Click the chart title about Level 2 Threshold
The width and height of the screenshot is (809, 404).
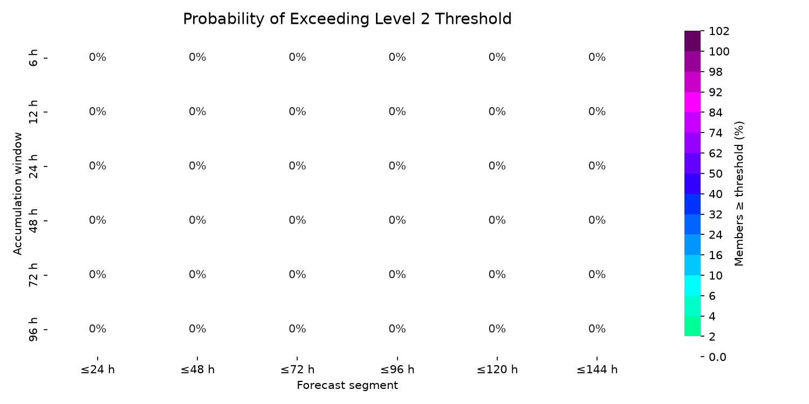(x=347, y=19)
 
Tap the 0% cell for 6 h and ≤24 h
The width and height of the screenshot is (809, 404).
(x=98, y=57)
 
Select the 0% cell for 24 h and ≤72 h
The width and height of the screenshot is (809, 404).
(x=297, y=166)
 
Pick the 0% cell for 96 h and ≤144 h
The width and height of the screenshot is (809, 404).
(x=597, y=329)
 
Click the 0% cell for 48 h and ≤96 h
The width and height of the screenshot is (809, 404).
(x=397, y=220)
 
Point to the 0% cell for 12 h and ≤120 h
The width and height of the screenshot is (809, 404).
(x=497, y=112)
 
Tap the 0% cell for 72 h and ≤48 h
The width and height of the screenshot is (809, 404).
(x=197, y=275)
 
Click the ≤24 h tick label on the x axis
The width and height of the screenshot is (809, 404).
(x=98, y=370)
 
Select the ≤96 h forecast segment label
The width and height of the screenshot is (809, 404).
(x=397, y=370)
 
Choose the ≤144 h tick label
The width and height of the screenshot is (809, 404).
(x=597, y=370)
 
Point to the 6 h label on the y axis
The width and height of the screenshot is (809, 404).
(x=33, y=58)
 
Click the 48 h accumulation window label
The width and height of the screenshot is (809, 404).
(x=33, y=220)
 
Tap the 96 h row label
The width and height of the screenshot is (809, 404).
(x=33, y=329)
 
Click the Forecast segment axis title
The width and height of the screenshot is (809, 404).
(x=347, y=386)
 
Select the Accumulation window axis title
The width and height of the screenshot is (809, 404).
(x=17, y=194)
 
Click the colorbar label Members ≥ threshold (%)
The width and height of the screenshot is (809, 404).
(x=739, y=194)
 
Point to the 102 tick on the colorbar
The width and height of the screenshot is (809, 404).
(x=719, y=31)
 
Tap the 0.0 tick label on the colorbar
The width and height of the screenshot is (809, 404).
(x=717, y=357)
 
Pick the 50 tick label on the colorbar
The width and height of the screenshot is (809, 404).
(x=716, y=174)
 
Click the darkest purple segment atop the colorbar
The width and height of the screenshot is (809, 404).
(x=693, y=41)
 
